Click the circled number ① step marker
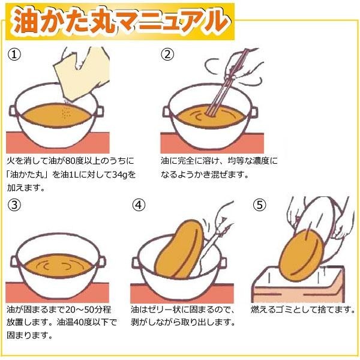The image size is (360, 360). pos(14,55)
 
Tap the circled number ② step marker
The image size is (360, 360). pos(167,55)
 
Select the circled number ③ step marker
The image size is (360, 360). pos(14,205)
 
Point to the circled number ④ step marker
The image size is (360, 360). pos(139,205)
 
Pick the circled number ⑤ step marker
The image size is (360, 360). pos(259,205)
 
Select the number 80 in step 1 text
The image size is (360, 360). pos(70,161)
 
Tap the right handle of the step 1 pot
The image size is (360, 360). pos(100,112)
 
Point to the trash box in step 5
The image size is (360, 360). pos(298,284)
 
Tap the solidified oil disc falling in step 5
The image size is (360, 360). pos(301,256)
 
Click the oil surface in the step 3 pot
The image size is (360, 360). pos(58,266)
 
